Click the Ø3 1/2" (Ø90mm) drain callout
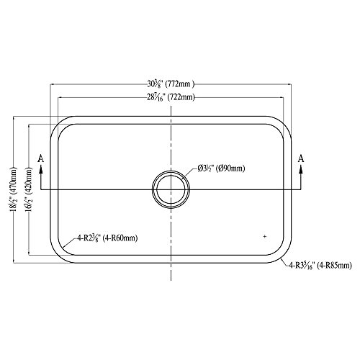[x=221, y=170]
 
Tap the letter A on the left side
[x=42, y=157]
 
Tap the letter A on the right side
[x=301, y=157]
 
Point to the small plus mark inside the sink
[x=265, y=236]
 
